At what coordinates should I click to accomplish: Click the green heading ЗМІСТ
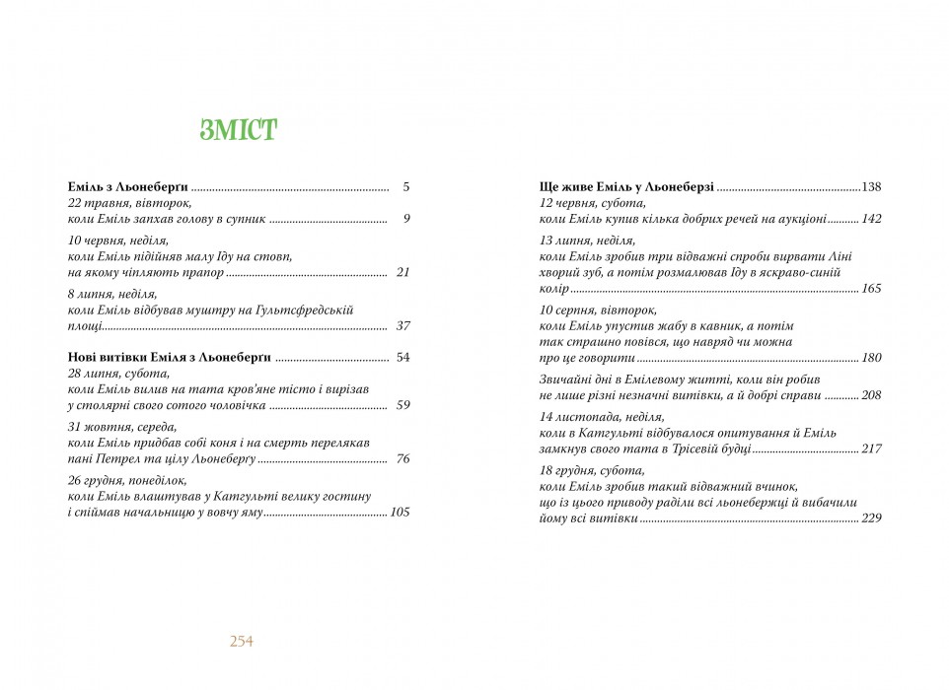tap(238, 129)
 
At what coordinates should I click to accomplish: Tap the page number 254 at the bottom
tap(242, 641)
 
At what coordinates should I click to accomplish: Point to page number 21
tap(401, 272)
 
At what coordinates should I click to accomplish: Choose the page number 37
tap(401, 325)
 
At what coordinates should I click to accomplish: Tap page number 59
tap(401, 405)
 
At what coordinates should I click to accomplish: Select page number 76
tap(401, 458)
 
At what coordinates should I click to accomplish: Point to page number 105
tap(400, 512)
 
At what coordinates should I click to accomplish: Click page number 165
tap(871, 289)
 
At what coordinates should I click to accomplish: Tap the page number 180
tap(871, 358)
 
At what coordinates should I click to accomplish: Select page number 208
tap(871, 395)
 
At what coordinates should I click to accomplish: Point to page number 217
tap(871, 448)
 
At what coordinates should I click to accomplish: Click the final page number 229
tap(871, 518)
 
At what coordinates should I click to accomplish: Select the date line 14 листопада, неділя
tap(602, 417)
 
